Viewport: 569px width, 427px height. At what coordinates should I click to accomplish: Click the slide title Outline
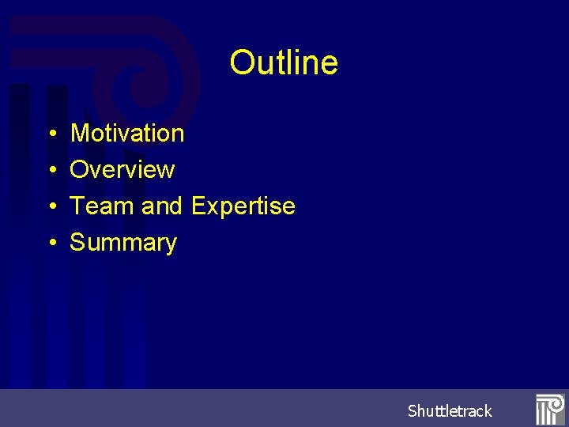[x=284, y=62]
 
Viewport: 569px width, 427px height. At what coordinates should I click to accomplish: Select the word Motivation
[x=127, y=134]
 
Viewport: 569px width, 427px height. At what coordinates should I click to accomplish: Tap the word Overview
[x=122, y=170]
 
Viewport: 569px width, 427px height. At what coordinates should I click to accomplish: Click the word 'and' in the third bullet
[x=162, y=206]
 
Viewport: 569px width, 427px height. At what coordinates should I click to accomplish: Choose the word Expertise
[x=243, y=206]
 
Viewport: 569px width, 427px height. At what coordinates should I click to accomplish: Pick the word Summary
[x=123, y=243]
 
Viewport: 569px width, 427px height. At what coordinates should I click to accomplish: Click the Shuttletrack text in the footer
[x=450, y=411]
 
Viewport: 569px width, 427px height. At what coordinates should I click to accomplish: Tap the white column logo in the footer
[x=549, y=409]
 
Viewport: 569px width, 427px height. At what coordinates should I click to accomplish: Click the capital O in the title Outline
[x=241, y=62]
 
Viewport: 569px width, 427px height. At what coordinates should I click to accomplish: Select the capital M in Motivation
[x=81, y=134]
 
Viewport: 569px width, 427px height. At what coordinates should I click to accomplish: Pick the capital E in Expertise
[x=199, y=206]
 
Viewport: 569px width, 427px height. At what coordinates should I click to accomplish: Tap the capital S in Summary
[x=78, y=243]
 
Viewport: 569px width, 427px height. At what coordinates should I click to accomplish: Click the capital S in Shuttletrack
[x=413, y=411]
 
